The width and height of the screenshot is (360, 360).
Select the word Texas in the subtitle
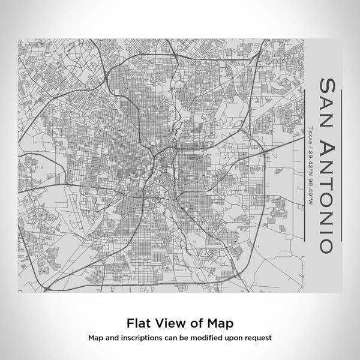click(x=310, y=136)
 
